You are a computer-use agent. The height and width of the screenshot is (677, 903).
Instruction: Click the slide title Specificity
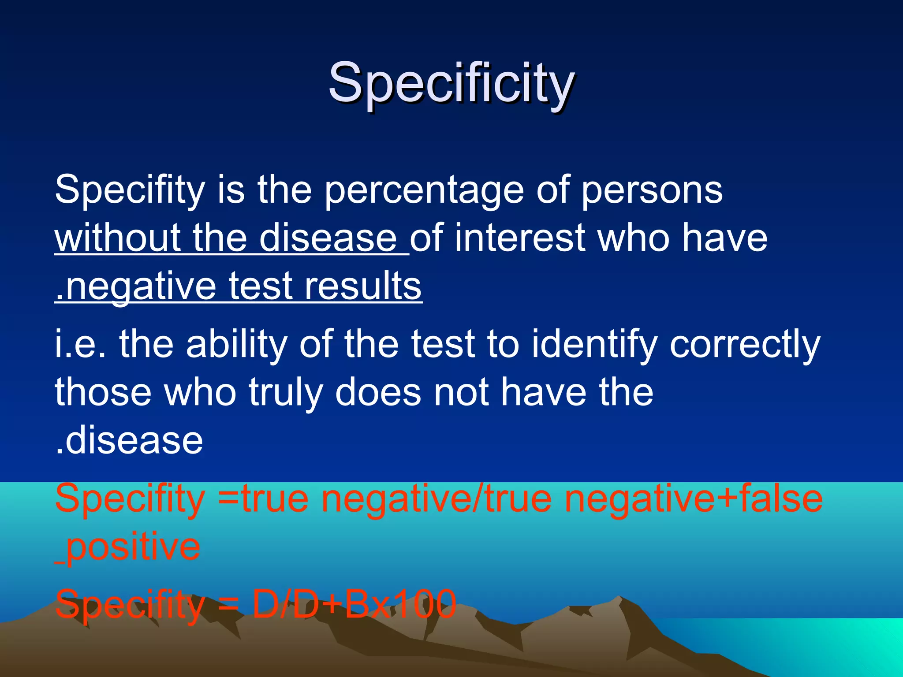pyautogui.click(x=451, y=84)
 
